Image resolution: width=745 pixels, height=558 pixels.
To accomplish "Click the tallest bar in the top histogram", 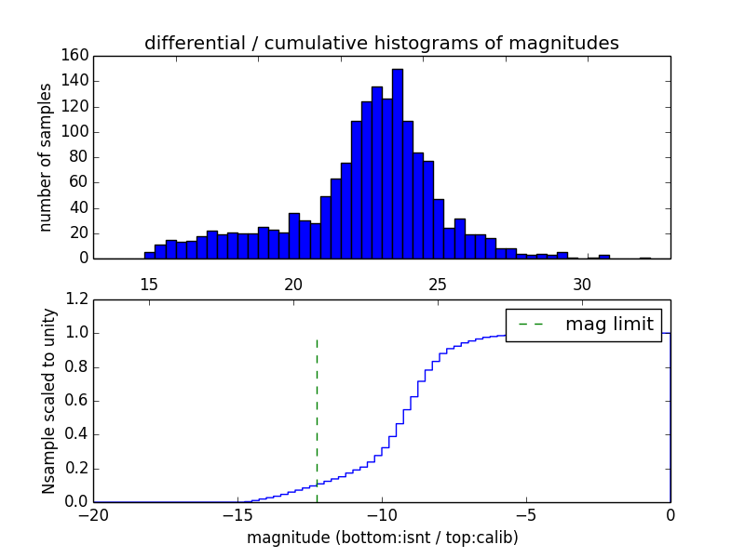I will tap(398, 164).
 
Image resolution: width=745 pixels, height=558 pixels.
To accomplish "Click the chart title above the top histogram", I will tap(382, 43).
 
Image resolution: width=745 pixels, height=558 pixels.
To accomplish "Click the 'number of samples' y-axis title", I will tap(45, 156).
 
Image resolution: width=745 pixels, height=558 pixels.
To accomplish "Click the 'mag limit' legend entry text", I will tap(609, 325).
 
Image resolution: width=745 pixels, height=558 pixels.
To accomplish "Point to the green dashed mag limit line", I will tap(317, 409).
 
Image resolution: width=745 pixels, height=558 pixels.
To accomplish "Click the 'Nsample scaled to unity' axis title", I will tap(48, 400).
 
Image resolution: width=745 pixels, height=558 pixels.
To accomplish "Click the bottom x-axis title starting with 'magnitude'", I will tap(382, 538).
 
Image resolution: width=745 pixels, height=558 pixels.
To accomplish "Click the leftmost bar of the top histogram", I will tap(149, 255).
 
